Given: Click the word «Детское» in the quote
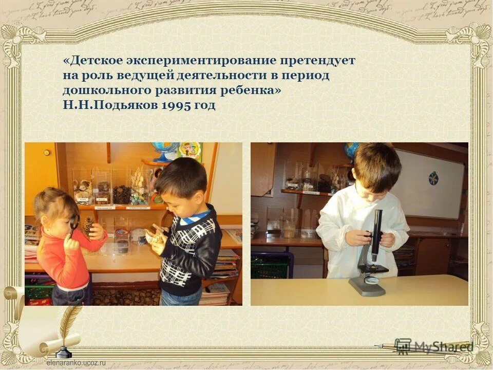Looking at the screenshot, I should point(92,61).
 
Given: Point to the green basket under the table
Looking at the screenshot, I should point(271,264).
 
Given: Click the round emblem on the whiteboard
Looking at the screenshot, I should point(433,179).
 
